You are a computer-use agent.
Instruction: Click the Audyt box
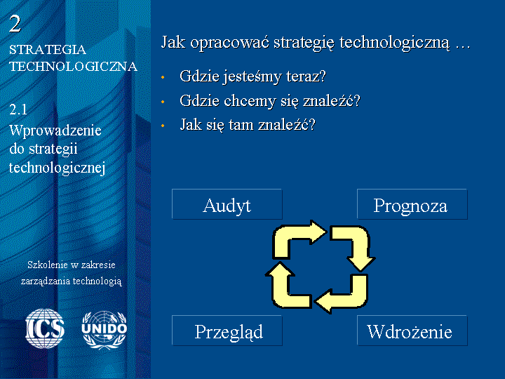pyautogui.click(x=227, y=204)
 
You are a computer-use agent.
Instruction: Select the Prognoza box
pyautogui.click(x=412, y=204)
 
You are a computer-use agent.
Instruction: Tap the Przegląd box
pyautogui.click(x=227, y=331)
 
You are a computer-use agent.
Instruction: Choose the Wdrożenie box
pyautogui.click(x=412, y=331)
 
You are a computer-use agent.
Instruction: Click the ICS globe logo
pyautogui.click(x=45, y=328)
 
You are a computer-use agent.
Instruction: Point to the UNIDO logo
pyautogui.click(x=105, y=330)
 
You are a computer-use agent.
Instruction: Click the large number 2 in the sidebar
pyautogui.click(x=15, y=24)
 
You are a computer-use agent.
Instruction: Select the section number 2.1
pyautogui.click(x=18, y=110)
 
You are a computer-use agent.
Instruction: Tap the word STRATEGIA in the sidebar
pyautogui.click(x=48, y=50)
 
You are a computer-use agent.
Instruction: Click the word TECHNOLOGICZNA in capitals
pyautogui.click(x=74, y=67)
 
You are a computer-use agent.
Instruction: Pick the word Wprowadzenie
pyautogui.click(x=55, y=131)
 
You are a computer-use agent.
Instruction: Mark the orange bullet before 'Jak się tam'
pyautogui.click(x=163, y=126)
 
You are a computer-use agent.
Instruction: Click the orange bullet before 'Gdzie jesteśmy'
pyautogui.click(x=163, y=77)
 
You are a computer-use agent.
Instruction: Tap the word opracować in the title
pyautogui.click(x=229, y=43)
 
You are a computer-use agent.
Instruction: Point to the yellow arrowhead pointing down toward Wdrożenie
pyautogui.click(x=361, y=263)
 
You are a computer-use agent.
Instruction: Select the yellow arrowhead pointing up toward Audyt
pyautogui.click(x=280, y=269)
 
